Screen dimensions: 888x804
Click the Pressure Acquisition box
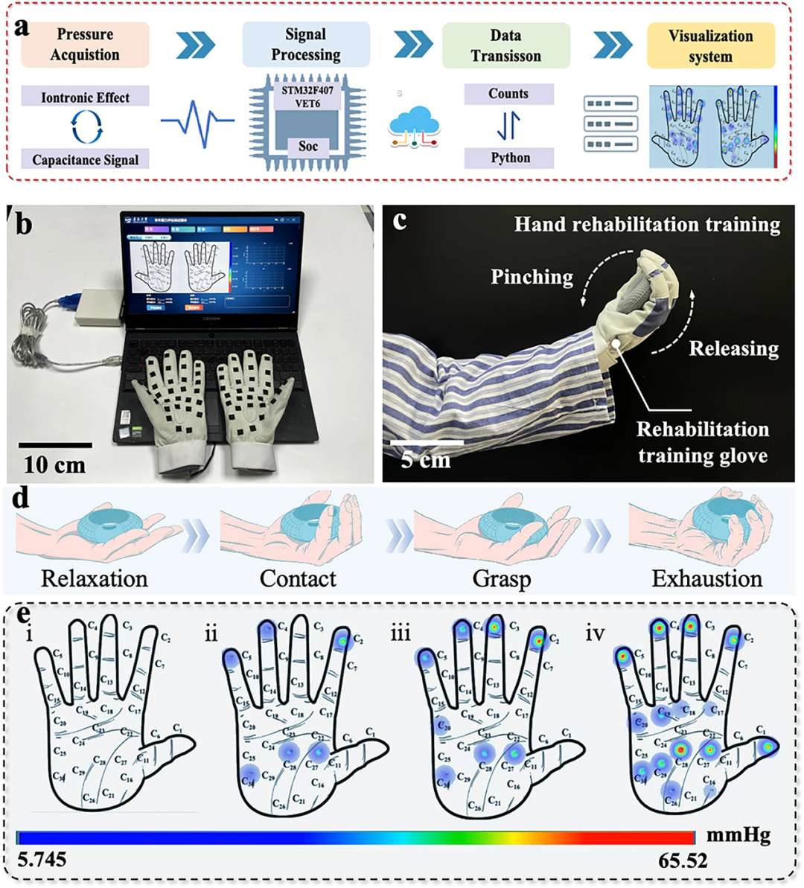tap(85, 45)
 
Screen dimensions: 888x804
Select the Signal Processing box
tap(305, 45)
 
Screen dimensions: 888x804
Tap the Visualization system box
tap(710, 45)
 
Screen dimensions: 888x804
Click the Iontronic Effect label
tap(85, 97)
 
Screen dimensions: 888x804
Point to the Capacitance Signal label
tap(85, 159)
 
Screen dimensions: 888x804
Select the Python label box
tap(510, 158)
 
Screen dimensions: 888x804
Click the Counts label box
tap(508, 94)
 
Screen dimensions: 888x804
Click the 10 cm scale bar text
tap(54, 465)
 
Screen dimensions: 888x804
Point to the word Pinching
tap(532, 277)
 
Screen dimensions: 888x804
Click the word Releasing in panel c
tap(733, 348)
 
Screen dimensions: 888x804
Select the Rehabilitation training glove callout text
tap(703, 442)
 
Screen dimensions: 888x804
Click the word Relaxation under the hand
tap(95, 578)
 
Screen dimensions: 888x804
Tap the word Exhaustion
tap(707, 578)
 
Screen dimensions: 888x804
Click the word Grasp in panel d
tap(502, 578)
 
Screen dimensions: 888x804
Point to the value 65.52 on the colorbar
tap(683, 860)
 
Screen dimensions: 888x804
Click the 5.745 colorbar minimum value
tap(42, 860)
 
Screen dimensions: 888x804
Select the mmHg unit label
tap(738, 836)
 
